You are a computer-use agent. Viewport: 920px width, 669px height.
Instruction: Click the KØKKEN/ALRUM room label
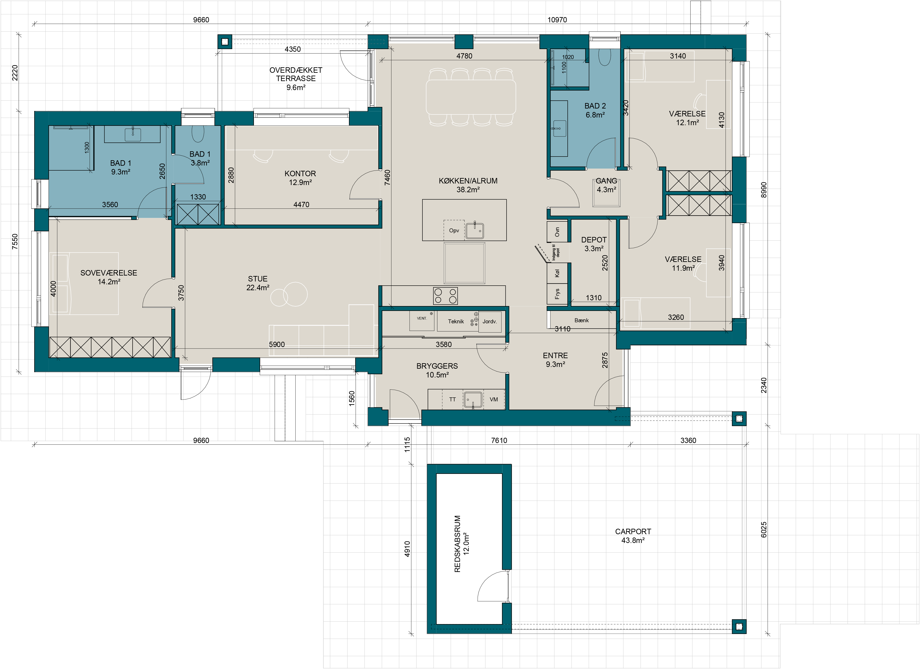click(468, 185)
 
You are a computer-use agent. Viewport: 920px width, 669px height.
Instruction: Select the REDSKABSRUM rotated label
click(462, 544)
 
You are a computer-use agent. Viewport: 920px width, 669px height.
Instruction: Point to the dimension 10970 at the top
click(557, 20)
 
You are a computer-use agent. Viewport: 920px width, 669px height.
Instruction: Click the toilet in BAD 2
click(605, 57)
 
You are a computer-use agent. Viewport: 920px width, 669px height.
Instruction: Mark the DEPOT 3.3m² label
click(594, 244)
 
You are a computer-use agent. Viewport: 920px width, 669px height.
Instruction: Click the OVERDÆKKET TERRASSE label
click(296, 78)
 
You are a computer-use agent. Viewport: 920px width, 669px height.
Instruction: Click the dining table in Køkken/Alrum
click(471, 97)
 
